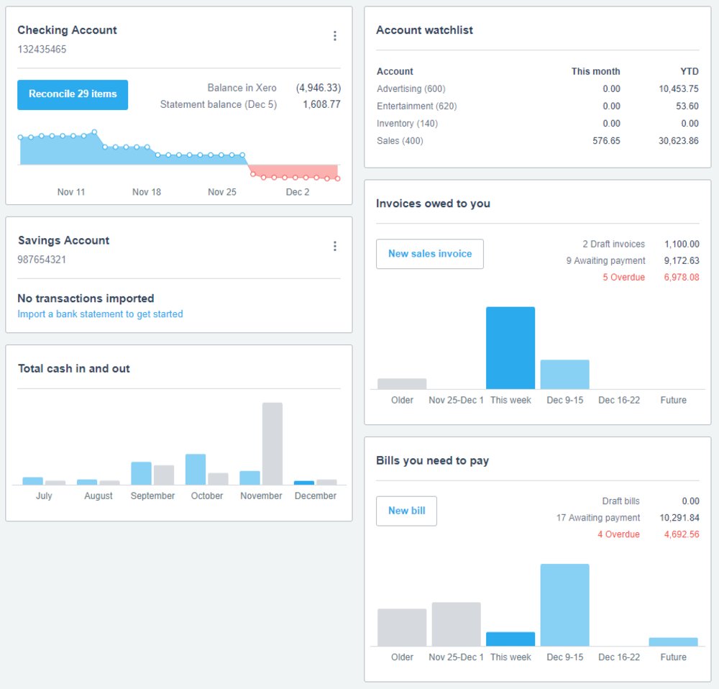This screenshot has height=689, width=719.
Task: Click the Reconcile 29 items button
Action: point(73,94)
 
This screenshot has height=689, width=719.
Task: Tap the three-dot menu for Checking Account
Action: point(334,36)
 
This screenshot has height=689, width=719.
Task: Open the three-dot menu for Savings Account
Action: point(334,246)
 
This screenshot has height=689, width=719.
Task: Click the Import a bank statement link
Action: point(100,314)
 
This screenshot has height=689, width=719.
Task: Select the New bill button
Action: point(406,511)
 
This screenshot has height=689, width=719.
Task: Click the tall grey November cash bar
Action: point(272,443)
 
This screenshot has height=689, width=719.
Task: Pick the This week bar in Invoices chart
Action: point(510,348)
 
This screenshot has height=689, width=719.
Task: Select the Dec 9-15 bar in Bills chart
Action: point(564,605)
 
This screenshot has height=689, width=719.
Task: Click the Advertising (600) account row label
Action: point(411,89)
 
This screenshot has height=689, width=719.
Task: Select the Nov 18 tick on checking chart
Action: point(147,192)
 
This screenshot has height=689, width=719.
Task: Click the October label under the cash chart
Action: point(207,496)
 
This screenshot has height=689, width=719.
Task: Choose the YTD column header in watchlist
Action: point(688,72)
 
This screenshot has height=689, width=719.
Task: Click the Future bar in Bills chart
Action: point(673,642)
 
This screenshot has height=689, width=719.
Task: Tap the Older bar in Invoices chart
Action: point(402,384)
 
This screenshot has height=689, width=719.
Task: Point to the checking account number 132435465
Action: point(42,50)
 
